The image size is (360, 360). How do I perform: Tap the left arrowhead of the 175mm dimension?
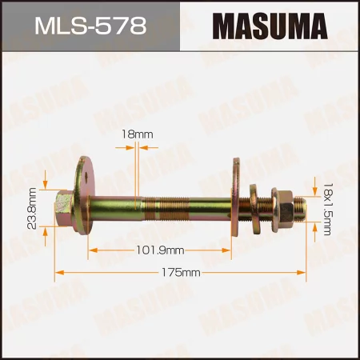coord(58,274)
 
